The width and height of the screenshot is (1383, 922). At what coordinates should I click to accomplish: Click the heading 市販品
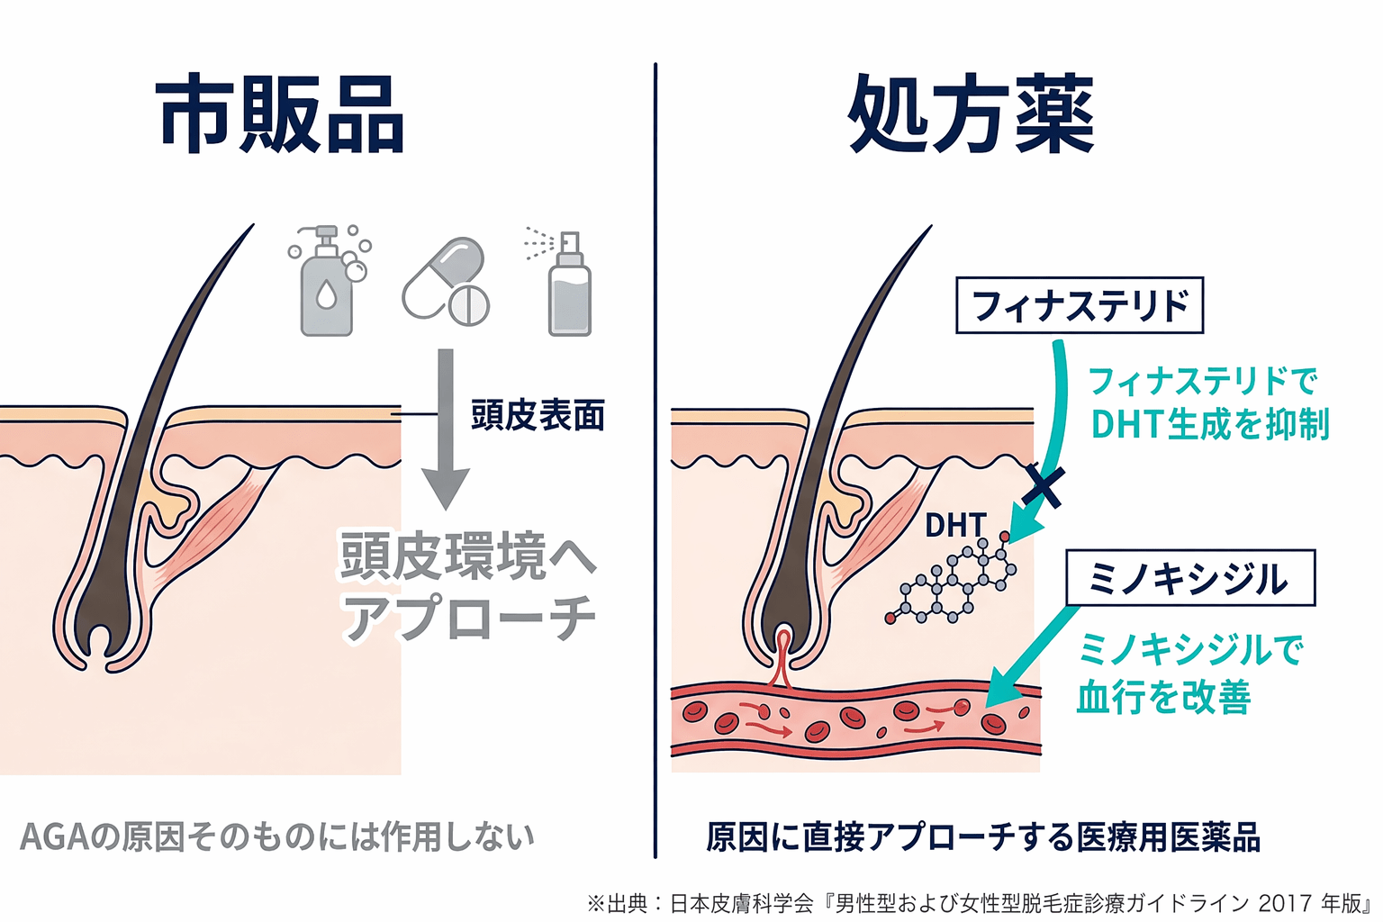280,115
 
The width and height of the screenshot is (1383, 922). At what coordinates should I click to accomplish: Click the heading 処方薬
971,115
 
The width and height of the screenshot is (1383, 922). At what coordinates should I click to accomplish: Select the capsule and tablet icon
446,282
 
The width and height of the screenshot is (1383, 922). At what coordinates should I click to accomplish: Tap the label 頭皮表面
538,415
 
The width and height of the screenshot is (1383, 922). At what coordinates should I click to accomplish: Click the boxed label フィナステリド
1079,305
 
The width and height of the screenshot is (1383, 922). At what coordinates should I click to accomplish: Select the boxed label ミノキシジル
1189,578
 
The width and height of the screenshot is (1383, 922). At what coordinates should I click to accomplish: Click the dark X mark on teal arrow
1044,486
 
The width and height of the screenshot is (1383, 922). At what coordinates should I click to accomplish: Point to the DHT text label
955,525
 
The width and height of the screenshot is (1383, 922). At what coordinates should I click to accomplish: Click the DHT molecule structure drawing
953,581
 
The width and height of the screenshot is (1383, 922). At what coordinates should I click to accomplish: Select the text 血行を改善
1163,697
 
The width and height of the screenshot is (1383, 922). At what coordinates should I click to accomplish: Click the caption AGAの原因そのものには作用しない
277,836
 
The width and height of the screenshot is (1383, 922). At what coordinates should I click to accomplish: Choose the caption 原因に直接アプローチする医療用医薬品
982,836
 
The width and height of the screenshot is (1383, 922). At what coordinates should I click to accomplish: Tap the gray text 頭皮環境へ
467,556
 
